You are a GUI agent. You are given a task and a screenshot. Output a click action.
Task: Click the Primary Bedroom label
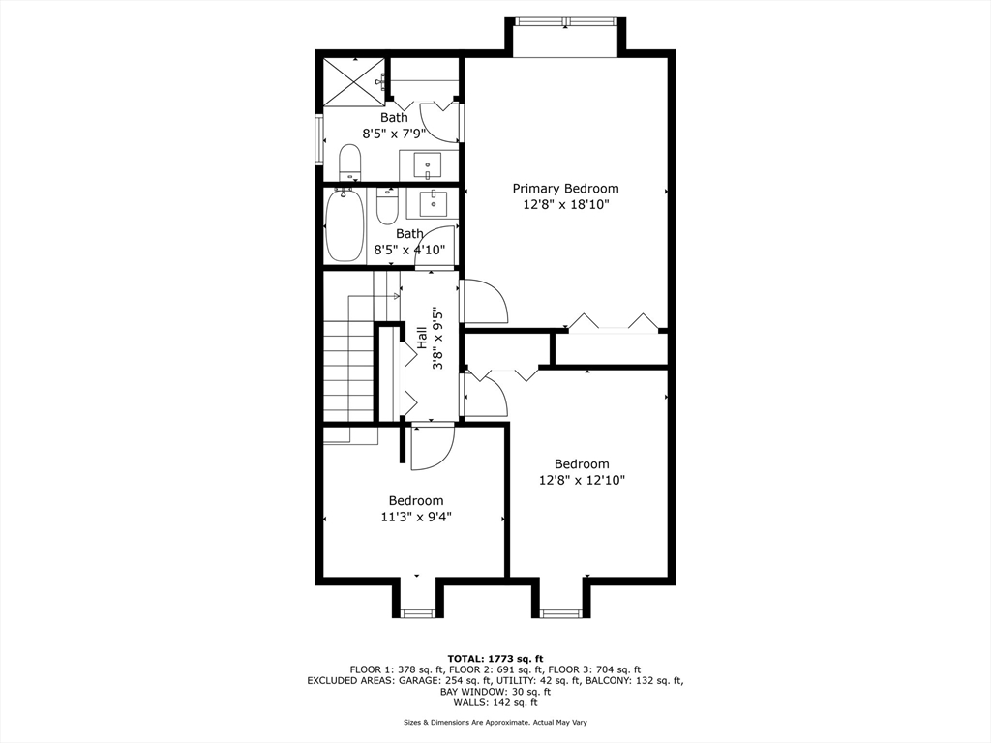[x=565, y=189]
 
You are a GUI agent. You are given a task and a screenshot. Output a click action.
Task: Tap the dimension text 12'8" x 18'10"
[x=565, y=205]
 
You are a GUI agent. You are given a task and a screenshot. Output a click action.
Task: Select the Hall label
[x=422, y=339]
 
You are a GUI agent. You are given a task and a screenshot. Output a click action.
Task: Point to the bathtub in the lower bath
[x=344, y=225]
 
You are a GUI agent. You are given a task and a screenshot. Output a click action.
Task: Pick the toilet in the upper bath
[x=349, y=162]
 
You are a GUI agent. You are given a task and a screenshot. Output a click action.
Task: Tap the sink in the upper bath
[x=427, y=164]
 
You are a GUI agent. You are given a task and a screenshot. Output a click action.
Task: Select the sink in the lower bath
[x=432, y=202]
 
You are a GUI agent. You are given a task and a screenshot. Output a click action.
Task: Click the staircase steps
[x=348, y=372]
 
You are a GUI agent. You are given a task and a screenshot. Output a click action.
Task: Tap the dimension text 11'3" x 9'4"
[x=416, y=517]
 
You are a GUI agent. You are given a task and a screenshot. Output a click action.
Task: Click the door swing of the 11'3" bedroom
[x=432, y=447]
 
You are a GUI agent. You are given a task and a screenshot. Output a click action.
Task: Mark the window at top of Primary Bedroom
[x=566, y=21]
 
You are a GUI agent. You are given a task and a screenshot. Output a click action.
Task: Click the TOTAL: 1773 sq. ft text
[x=495, y=658]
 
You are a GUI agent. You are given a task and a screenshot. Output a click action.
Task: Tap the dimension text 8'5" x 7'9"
[x=394, y=134]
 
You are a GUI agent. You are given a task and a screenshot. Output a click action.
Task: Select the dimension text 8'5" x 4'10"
[x=409, y=250]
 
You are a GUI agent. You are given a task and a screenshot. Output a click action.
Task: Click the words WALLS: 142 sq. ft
[x=495, y=703]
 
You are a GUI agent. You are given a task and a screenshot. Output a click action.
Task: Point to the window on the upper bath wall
[x=318, y=139]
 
